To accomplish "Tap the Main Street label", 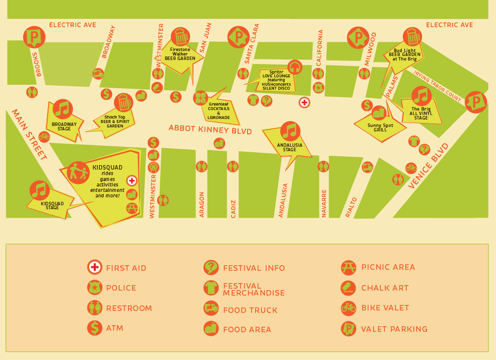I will pyautogui.click(x=29, y=134).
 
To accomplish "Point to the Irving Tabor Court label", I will pyautogui.click(x=437, y=85).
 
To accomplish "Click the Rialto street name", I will pyautogui.click(x=351, y=207).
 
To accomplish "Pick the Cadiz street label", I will pyautogui.click(x=234, y=208).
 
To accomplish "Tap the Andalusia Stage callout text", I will pyautogui.click(x=290, y=147).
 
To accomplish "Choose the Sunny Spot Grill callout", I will pyautogui.click(x=380, y=127).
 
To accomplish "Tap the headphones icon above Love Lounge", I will pyautogui.click(x=295, y=67).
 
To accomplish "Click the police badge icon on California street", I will pyautogui.click(x=318, y=88).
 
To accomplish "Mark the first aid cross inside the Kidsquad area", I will pyautogui.click(x=131, y=180).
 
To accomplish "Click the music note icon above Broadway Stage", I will pyautogui.click(x=63, y=109).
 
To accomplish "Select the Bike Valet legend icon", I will pyautogui.click(x=349, y=308).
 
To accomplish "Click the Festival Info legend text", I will pyautogui.click(x=254, y=268).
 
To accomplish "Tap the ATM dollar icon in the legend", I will pyautogui.click(x=94, y=328).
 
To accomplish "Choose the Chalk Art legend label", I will pyautogui.click(x=385, y=288).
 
